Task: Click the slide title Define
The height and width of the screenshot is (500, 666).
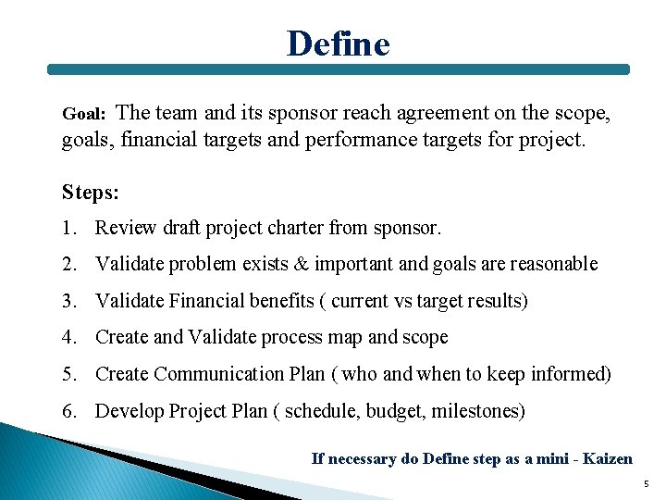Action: [338, 43]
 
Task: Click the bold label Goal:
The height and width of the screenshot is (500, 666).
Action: [85, 115]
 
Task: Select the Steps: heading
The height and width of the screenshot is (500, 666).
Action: [91, 192]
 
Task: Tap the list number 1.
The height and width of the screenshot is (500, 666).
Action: [68, 228]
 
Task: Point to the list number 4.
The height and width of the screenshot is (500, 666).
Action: [68, 338]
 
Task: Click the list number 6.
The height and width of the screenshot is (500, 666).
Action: [68, 411]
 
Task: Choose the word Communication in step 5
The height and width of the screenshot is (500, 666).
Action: [212, 374]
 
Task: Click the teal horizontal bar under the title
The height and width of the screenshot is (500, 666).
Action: [338, 69]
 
